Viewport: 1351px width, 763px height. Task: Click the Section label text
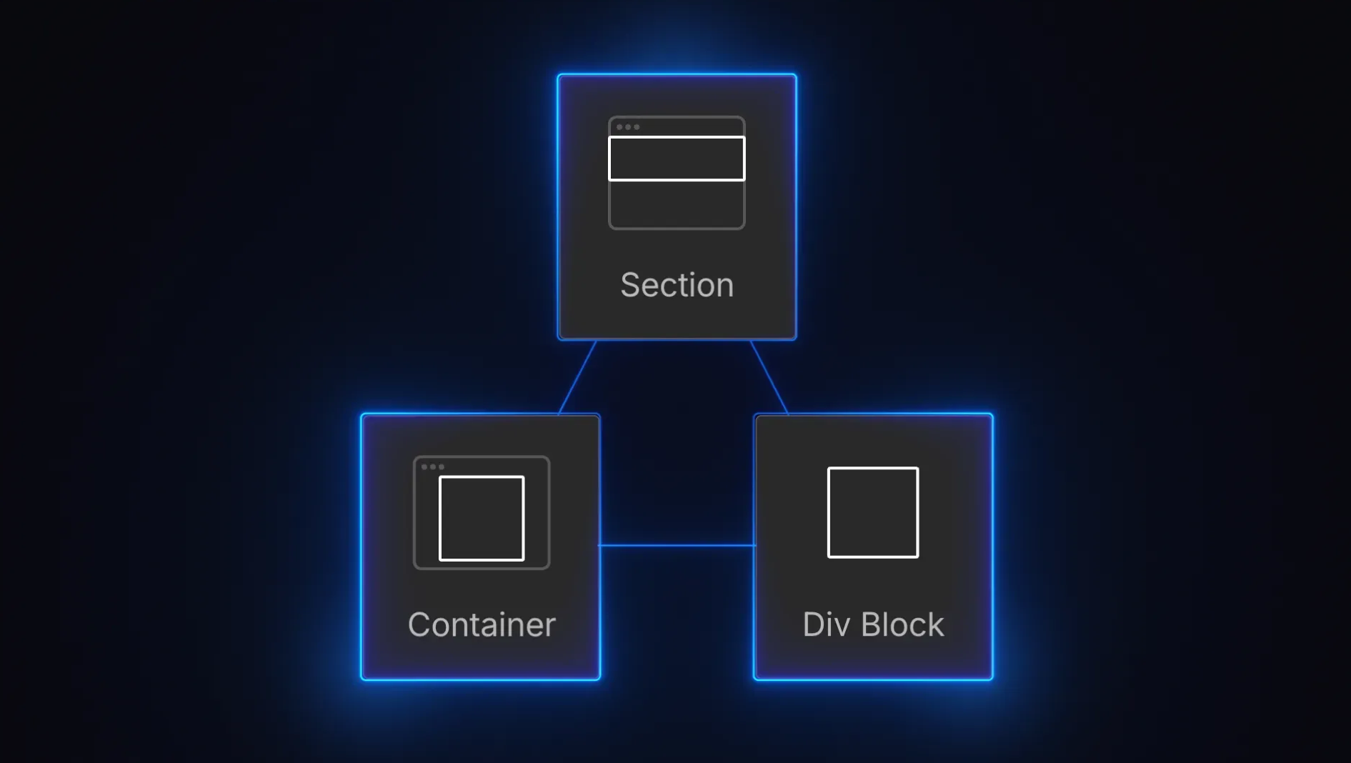pos(677,285)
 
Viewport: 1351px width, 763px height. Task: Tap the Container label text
pos(482,625)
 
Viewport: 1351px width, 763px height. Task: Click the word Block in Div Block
pos(902,625)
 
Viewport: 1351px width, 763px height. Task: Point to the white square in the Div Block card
pos(872,512)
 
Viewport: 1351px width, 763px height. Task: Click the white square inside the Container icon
pos(482,519)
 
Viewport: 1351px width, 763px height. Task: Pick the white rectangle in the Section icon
pos(677,159)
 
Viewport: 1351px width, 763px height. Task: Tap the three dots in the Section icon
pos(628,127)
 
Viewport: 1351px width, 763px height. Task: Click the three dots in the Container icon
pos(432,467)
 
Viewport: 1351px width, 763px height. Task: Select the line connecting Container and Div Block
pos(677,545)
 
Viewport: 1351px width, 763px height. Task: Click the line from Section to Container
pos(577,377)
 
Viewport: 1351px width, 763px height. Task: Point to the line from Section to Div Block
pos(769,377)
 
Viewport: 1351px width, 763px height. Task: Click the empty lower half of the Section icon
pos(677,205)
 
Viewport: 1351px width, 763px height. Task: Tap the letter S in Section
pos(630,286)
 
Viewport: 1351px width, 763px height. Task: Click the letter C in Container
pos(419,625)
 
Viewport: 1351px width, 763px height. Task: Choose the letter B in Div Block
pos(872,625)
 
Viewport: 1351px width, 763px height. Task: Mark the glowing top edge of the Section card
pos(677,74)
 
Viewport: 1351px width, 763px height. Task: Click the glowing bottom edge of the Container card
pos(481,679)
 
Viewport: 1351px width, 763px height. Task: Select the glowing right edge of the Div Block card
pos(992,547)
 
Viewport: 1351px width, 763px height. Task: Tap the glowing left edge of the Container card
pos(362,547)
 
